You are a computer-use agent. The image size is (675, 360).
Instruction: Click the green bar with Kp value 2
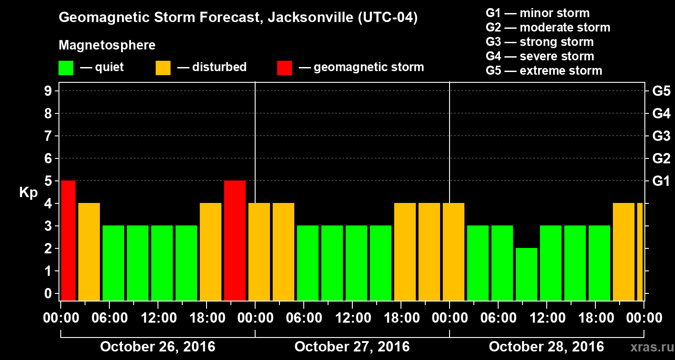point(526,274)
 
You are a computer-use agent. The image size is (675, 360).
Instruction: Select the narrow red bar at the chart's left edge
point(68,240)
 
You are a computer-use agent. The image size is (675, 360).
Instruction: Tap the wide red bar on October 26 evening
point(235,240)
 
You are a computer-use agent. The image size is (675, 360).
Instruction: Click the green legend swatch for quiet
point(66,68)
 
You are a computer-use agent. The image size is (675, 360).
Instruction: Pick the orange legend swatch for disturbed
point(163,68)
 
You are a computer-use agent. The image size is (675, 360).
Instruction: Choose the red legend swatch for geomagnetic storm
point(284,68)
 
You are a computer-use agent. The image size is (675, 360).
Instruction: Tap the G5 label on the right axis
point(661,91)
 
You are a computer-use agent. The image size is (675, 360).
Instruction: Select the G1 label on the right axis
point(661,181)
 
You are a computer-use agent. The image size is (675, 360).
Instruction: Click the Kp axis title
point(28,193)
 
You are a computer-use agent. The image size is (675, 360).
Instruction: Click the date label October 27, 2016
point(352,347)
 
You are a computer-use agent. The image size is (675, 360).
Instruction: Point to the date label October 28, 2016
point(546,347)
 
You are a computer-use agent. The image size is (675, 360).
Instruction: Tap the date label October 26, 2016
point(157,347)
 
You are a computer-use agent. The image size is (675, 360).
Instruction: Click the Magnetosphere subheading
point(107,45)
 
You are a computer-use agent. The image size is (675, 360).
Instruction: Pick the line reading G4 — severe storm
point(540,56)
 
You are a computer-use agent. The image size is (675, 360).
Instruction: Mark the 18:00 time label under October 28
point(595,318)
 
